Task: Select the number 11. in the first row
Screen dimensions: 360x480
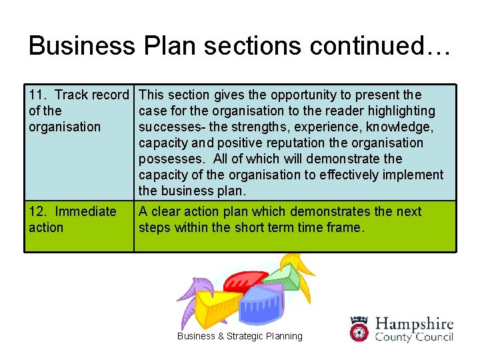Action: pyautogui.click(x=37, y=95)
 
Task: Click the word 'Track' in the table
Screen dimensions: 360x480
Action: pyautogui.click(x=74, y=95)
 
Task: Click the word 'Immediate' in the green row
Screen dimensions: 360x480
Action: pyautogui.click(x=85, y=212)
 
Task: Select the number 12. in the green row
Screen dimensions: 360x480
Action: pyautogui.click(x=38, y=212)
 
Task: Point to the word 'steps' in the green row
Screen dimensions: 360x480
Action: pyautogui.click(x=154, y=228)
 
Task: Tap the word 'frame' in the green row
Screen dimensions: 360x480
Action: pyautogui.click(x=345, y=228)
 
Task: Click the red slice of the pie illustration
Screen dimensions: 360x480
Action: pyautogui.click(x=244, y=283)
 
